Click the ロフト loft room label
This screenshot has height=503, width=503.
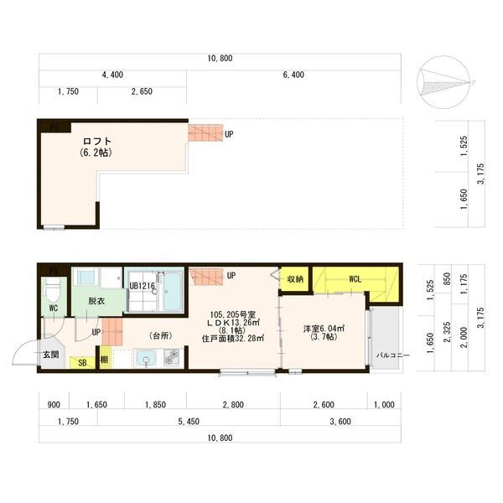97,141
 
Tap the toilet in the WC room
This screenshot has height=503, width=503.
54,288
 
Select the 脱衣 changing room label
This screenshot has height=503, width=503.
96,301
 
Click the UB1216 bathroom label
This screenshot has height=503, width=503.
143,286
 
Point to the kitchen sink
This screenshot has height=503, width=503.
146,358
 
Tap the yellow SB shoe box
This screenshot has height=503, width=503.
82,362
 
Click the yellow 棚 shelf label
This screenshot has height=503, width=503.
104,360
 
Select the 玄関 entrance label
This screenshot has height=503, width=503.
51,355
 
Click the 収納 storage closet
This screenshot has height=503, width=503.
295,279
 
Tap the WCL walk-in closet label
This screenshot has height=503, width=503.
355,279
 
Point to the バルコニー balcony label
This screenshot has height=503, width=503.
392,355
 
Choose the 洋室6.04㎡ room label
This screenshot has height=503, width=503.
324,329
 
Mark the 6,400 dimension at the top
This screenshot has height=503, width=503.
293,75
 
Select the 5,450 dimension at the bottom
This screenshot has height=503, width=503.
189,422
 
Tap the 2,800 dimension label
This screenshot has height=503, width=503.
233,405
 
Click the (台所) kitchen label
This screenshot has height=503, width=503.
161,335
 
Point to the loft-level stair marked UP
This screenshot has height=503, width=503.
205,132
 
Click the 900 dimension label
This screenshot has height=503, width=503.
54,405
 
